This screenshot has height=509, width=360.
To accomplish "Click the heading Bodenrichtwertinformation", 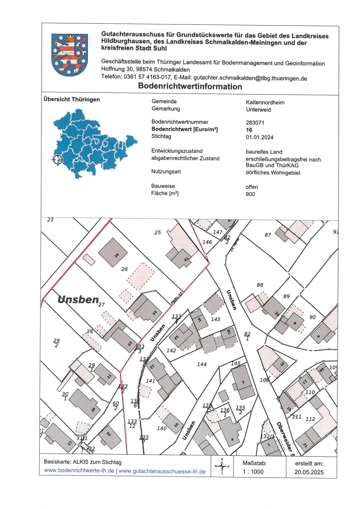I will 190,86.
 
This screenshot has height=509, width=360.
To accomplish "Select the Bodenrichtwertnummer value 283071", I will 255,123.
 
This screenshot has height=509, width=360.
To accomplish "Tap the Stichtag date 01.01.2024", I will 260,137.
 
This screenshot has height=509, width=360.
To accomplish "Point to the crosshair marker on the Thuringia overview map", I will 57,159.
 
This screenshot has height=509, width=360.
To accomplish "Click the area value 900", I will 250,194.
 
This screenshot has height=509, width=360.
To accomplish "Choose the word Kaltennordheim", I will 265,102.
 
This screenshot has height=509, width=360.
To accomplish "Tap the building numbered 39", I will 113,252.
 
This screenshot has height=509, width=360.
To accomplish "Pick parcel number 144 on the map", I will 202,364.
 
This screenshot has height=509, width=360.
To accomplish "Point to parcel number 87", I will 268,235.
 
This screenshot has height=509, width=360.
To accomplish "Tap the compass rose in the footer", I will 222,466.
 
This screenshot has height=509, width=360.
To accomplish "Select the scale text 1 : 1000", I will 253,472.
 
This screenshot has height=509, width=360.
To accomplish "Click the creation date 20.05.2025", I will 309,472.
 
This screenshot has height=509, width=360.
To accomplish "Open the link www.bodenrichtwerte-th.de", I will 79,471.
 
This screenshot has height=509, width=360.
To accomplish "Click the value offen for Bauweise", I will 252,187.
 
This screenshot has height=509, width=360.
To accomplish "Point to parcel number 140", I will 162,428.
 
